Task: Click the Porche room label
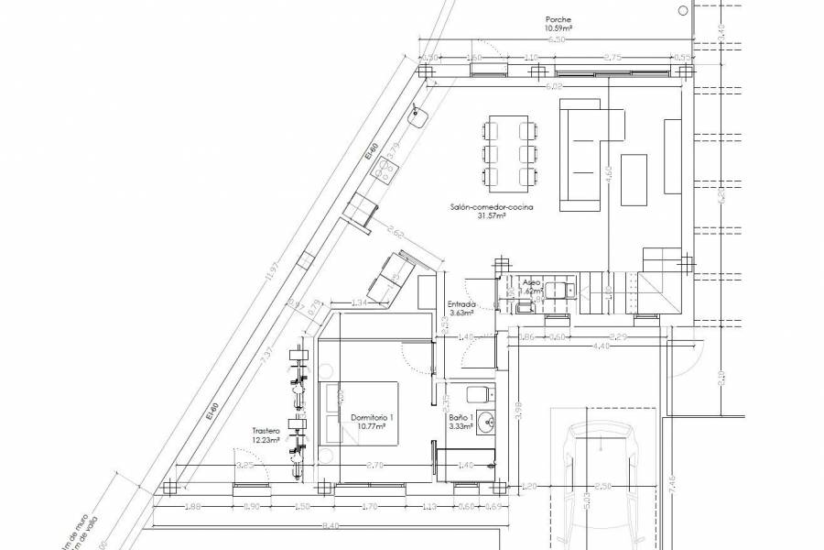(x=558, y=18)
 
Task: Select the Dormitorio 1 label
(x=372, y=417)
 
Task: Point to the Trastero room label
(x=266, y=430)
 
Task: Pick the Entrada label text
(x=461, y=304)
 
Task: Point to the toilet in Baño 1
(x=478, y=395)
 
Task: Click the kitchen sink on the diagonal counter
(x=421, y=115)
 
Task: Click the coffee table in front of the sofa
(x=638, y=179)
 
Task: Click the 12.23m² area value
(x=266, y=440)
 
